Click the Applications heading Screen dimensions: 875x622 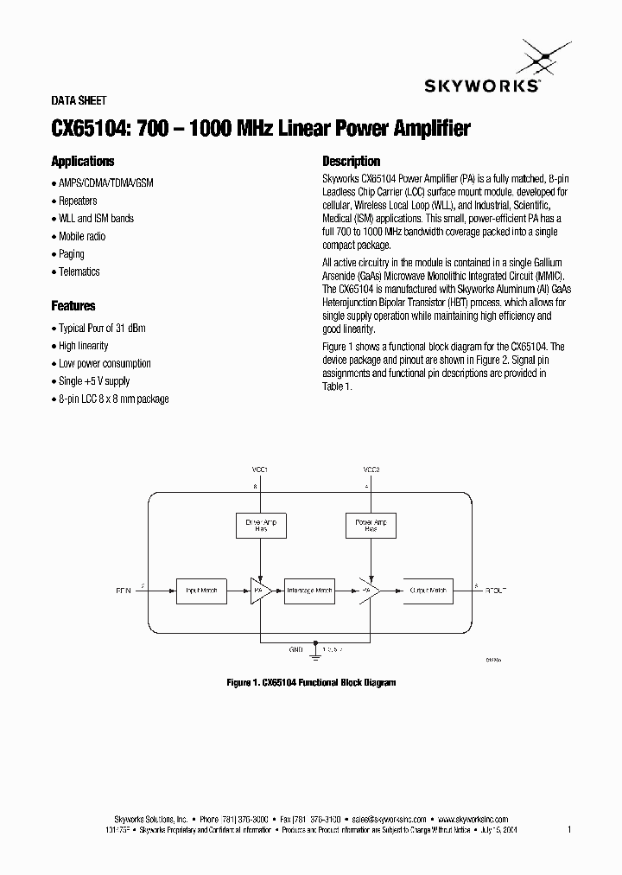pos(83,162)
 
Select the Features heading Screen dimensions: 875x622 pos(73,306)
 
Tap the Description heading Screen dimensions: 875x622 pos(351,162)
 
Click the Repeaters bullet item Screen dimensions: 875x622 pos(78,201)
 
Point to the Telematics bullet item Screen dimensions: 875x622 pos(79,272)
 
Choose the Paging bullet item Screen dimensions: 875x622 pos(72,254)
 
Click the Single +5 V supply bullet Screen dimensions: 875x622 pos(94,381)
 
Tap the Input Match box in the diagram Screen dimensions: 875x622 pos(202,591)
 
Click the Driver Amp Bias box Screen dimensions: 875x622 pos(261,526)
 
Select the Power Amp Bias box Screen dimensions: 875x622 pos(371,526)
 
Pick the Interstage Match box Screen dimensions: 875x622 pos(309,591)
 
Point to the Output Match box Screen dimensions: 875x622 pos(428,591)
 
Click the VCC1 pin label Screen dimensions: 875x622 pos(260,469)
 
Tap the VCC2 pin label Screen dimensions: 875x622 pos(371,469)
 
